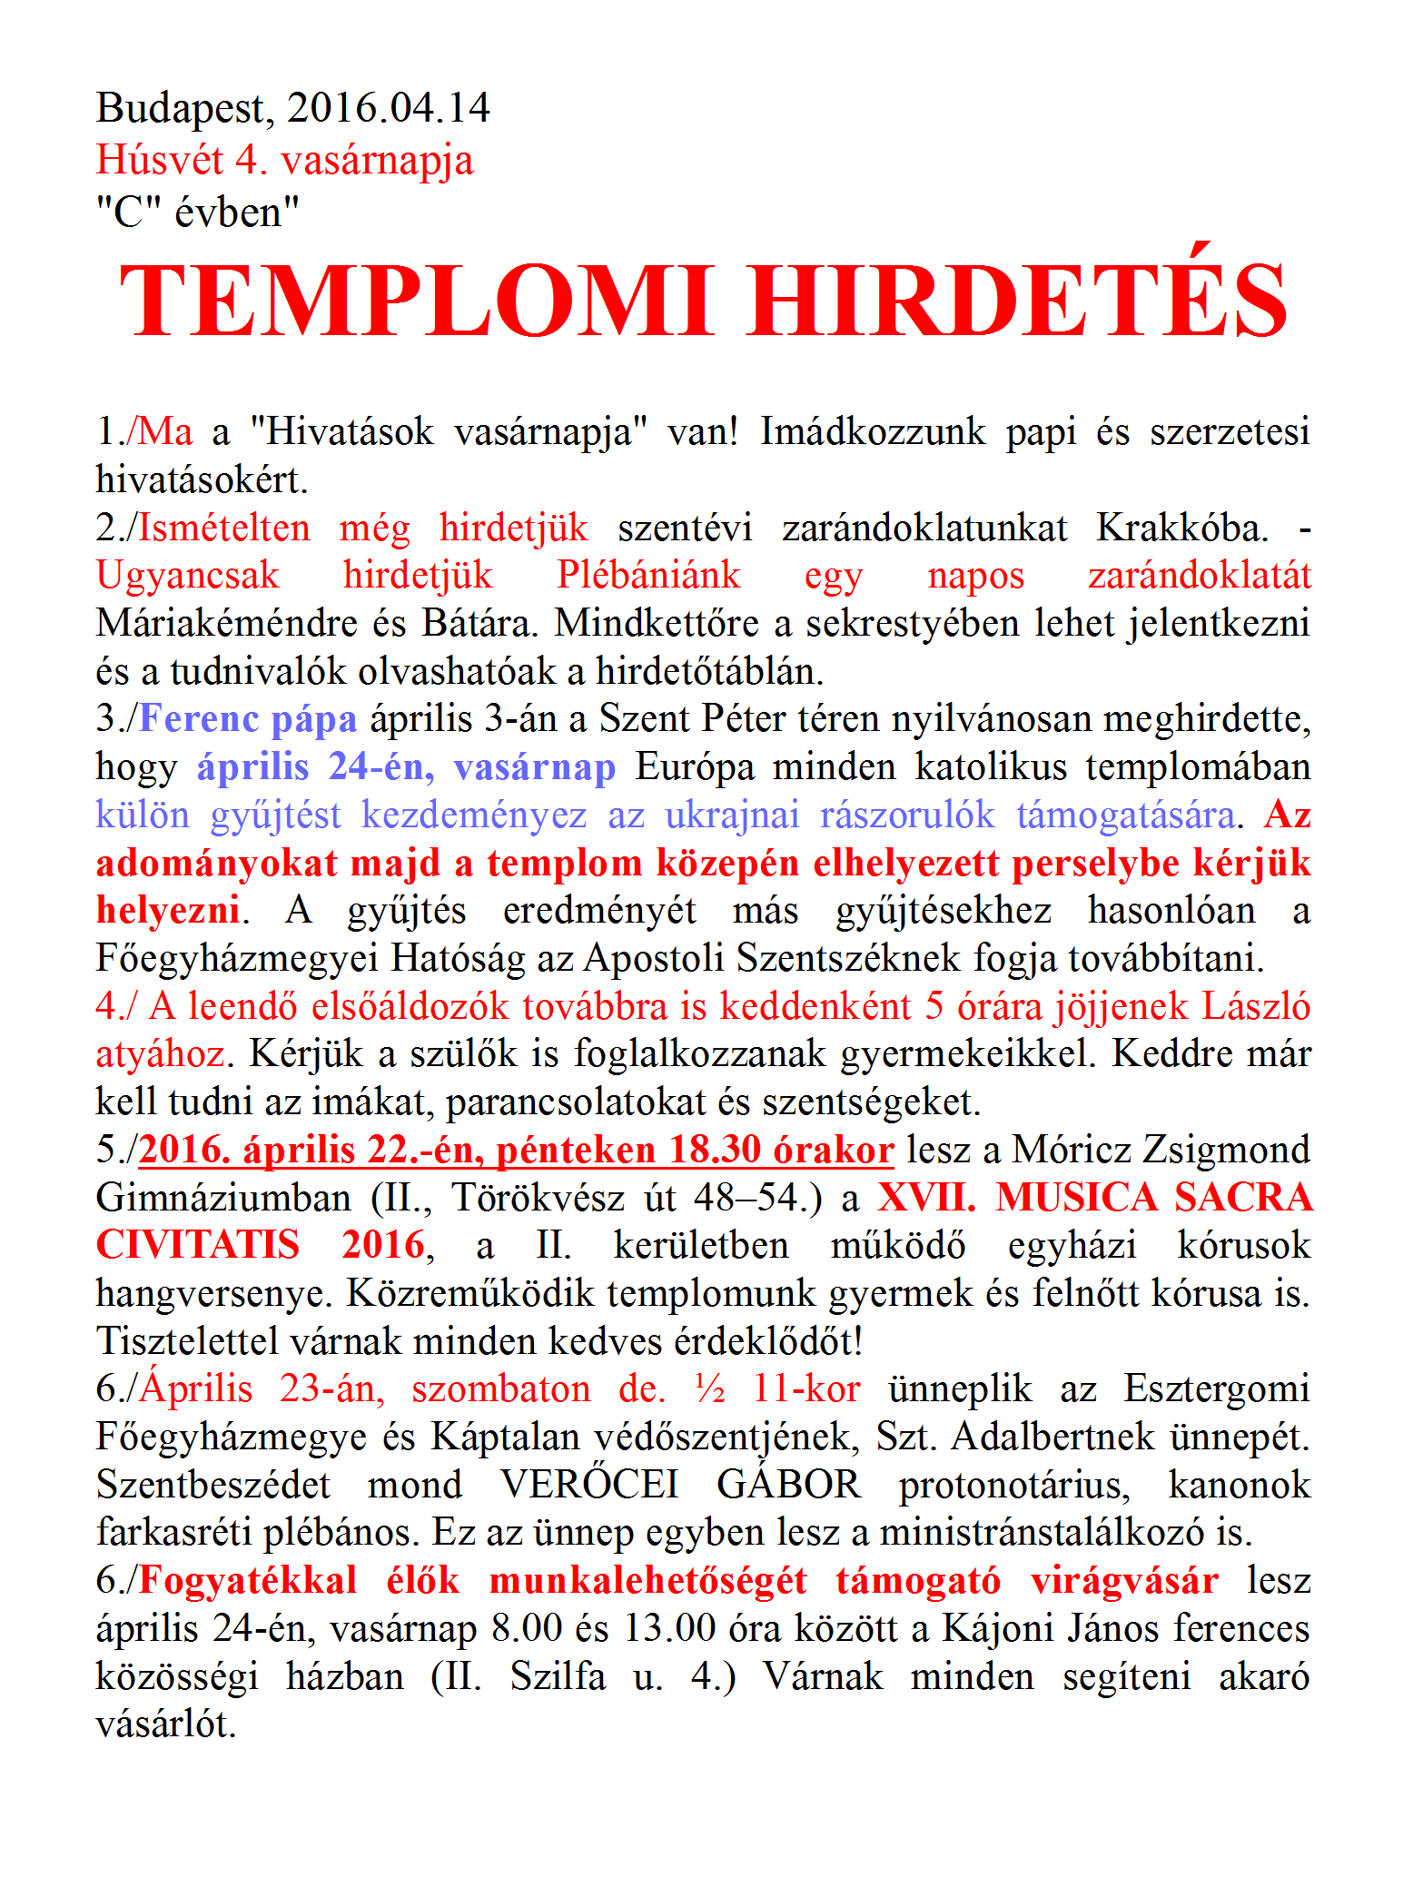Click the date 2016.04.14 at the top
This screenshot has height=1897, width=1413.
point(389,108)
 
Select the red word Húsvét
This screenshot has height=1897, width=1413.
point(159,161)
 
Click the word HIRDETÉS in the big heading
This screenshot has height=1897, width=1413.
point(1018,301)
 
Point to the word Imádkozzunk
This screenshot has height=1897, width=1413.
point(873,431)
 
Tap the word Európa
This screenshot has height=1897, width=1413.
point(695,767)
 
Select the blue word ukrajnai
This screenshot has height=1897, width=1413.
point(732,815)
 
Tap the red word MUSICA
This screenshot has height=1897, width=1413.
point(1076,1199)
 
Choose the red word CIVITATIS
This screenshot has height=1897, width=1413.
point(198,1246)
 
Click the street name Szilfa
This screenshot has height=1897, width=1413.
point(557,1677)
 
